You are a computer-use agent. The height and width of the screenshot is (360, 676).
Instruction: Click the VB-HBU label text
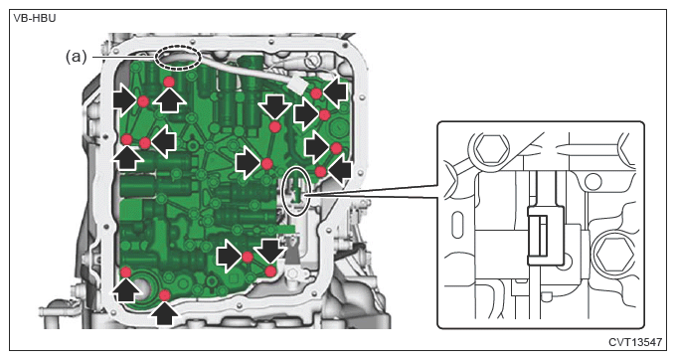tap(35, 19)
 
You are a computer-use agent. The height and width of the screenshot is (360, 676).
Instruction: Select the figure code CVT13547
tap(634, 342)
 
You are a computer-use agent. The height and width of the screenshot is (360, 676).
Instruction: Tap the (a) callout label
tap(76, 57)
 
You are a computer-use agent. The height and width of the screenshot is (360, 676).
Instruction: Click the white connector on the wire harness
tap(297, 85)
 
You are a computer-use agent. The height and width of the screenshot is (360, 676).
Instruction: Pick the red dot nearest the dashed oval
tap(169, 82)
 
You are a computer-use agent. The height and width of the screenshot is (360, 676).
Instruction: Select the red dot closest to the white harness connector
tap(316, 93)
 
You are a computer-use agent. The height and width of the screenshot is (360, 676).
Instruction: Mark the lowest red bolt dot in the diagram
tap(165, 295)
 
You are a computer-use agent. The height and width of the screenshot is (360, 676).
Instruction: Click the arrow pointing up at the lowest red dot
tap(164, 314)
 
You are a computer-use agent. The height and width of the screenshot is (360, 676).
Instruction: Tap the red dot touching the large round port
tap(125, 272)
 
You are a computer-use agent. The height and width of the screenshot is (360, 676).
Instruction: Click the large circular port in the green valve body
tap(143, 288)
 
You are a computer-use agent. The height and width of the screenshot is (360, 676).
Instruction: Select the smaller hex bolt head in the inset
tap(491, 148)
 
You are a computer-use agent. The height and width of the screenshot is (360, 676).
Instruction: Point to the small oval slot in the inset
tap(458, 224)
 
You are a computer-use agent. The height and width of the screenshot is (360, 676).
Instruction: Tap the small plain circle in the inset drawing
tap(593, 181)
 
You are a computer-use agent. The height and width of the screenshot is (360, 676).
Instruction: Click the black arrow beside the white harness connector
tap(334, 91)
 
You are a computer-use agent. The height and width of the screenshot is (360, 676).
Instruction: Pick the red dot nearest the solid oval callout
tap(320, 172)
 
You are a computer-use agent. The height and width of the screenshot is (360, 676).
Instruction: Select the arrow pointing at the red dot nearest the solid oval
tap(340, 171)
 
